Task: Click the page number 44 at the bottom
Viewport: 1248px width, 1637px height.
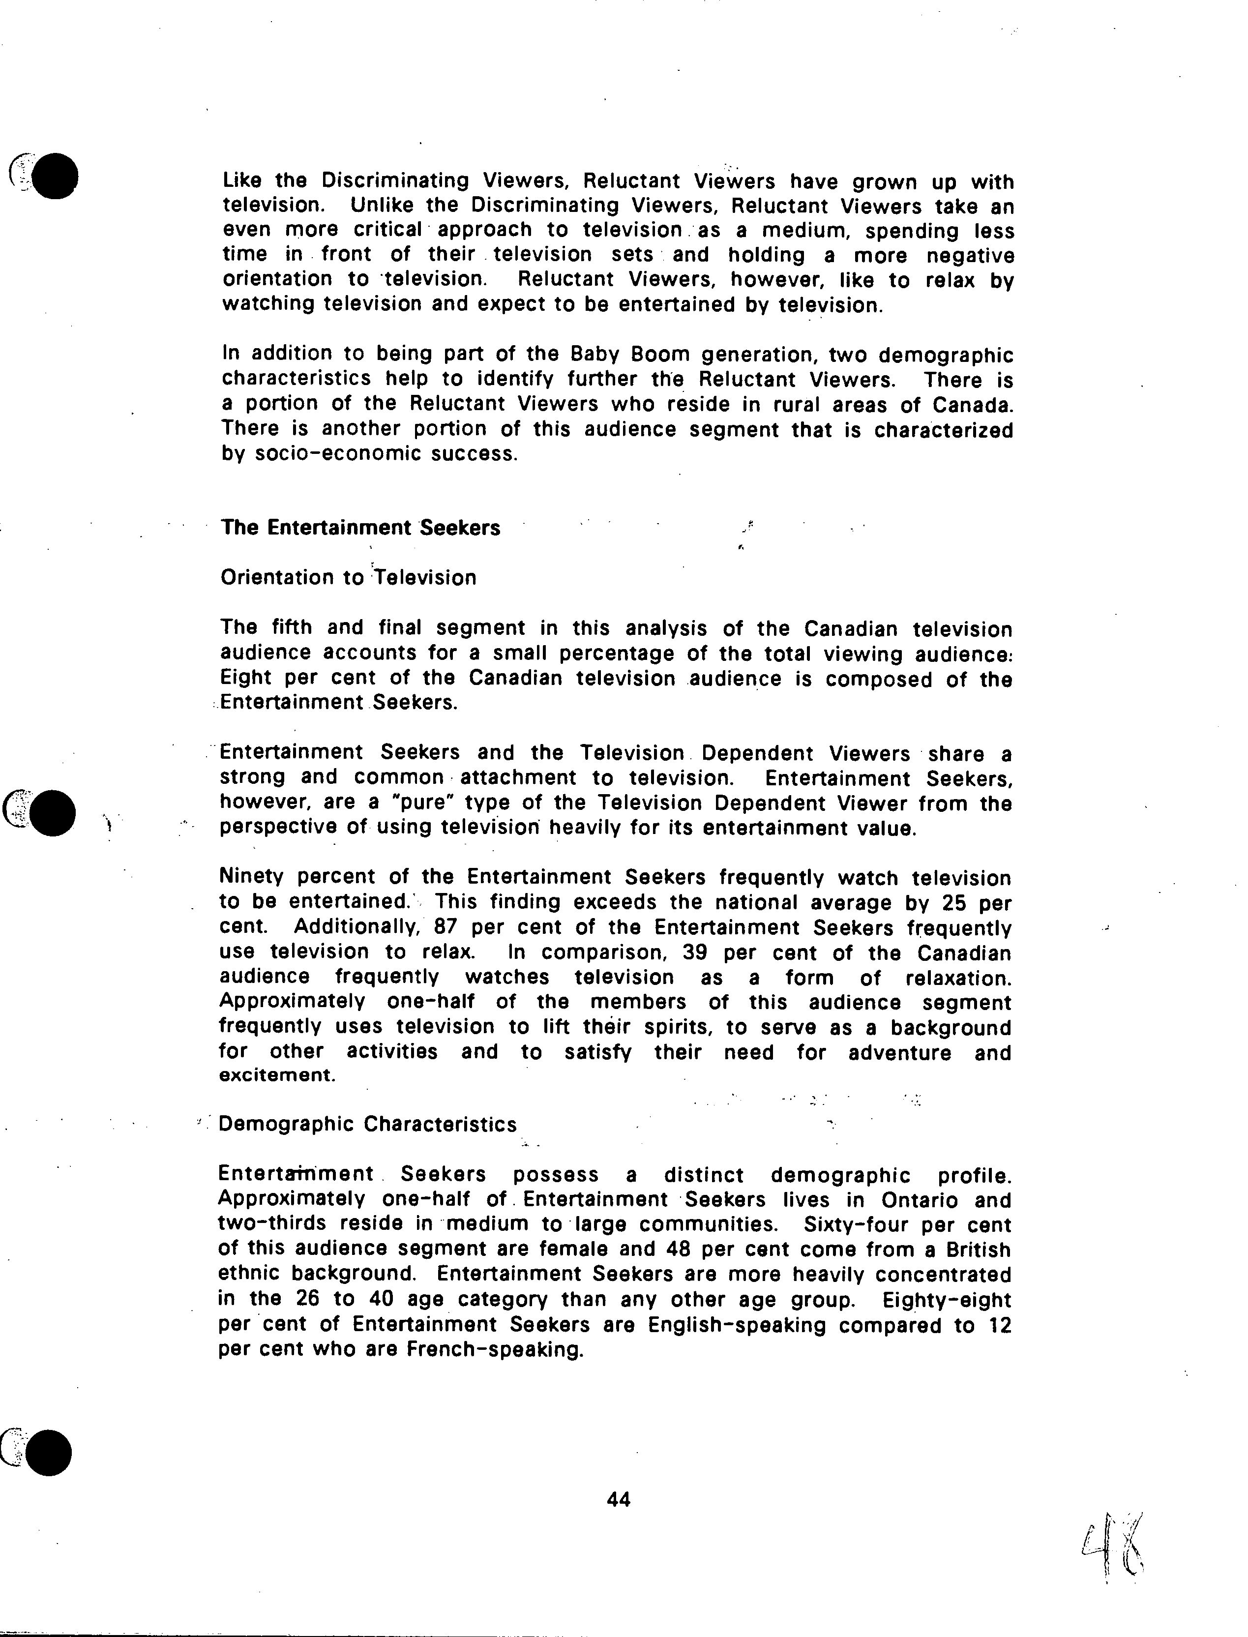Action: click(618, 1500)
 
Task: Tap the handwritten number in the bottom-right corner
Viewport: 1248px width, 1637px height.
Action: click(1113, 1551)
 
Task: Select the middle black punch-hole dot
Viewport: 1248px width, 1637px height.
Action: click(53, 813)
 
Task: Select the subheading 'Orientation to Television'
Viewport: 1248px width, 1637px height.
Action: click(348, 578)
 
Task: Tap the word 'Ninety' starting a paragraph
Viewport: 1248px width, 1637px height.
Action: click(251, 877)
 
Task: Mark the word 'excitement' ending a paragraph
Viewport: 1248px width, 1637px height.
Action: click(276, 1075)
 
